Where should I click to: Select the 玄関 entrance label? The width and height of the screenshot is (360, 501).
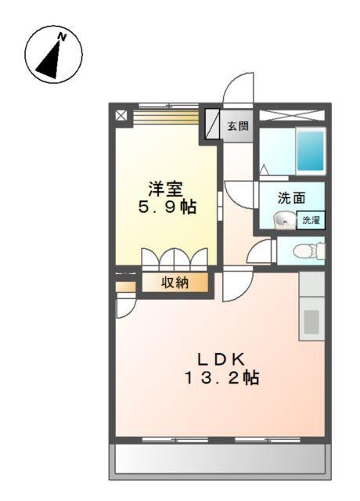point(239,125)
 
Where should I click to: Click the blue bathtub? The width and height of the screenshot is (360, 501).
point(310,151)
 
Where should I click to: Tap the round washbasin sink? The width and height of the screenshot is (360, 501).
point(283,220)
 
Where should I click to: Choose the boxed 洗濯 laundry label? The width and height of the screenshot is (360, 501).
point(311,220)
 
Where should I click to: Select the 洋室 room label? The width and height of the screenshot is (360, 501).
point(166,189)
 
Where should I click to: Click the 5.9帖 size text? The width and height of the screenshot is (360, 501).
point(166,208)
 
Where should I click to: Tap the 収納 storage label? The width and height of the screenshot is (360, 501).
point(175,283)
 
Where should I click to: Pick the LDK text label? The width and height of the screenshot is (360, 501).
point(221,359)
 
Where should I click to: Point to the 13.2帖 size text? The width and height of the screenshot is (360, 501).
point(221,378)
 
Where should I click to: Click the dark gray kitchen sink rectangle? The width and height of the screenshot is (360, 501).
point(311,321)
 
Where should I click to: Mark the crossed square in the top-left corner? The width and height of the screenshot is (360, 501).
point(121,115)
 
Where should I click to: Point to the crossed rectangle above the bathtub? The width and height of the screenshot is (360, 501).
point(291,115)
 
